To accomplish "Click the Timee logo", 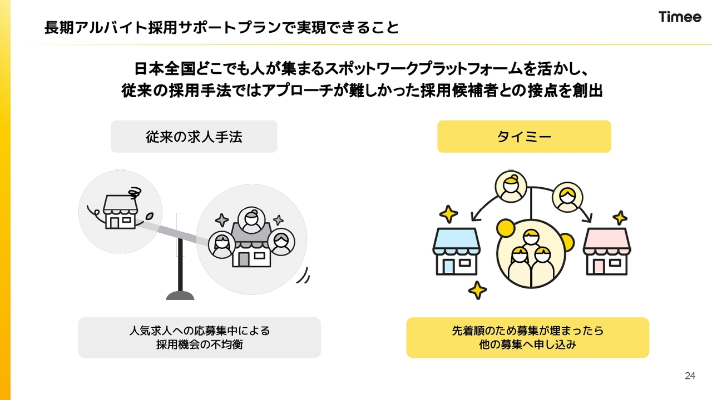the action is point(680,17).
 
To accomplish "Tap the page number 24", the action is point(690,376).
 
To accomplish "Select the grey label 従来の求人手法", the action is point(194,137).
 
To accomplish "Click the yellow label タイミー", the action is point(524,137).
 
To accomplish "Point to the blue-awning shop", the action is point(457,251).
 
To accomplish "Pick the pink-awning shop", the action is point(607,251).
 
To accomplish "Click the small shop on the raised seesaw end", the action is point(120,212).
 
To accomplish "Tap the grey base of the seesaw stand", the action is point(180,296).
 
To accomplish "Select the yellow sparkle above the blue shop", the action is point(448,214).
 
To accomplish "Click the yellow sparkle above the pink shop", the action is point(620,218).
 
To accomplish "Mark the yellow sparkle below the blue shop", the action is point(477,290).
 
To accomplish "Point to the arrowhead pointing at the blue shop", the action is point(475,217).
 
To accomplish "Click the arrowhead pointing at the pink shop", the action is point(588,218).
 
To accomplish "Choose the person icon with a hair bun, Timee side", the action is point(511,187).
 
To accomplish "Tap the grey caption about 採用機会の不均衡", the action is point(200,337).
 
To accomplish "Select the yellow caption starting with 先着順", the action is point(528,337).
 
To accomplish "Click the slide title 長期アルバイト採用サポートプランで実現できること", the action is point(221,28).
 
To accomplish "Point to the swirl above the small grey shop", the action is point(135,193).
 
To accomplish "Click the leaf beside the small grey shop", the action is point(149,217).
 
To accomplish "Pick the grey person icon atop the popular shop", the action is point(251,220).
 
